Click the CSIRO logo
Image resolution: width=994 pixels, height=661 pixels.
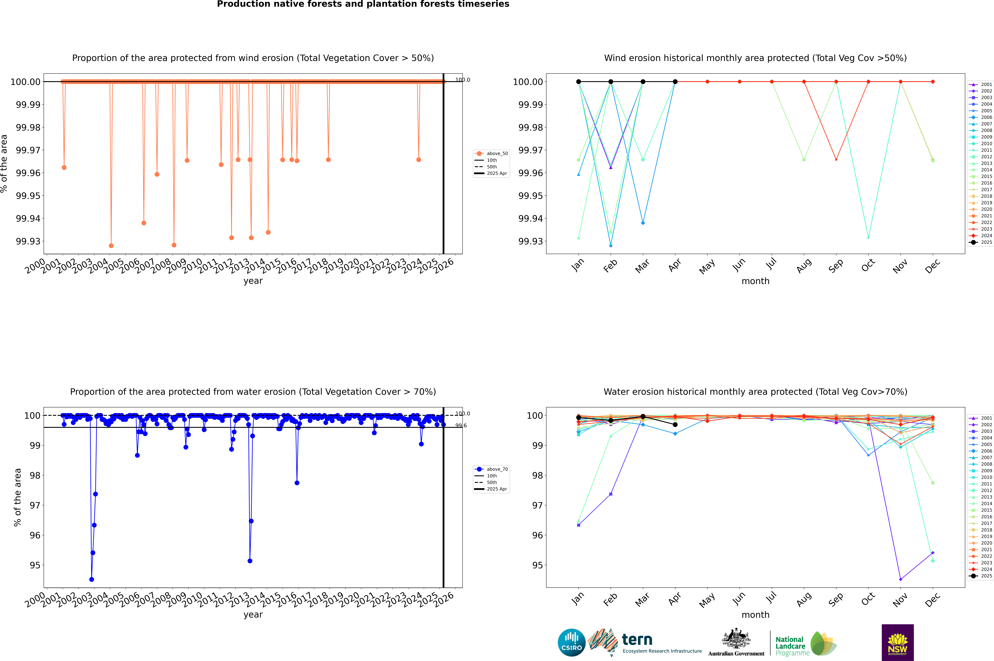coord(571,642)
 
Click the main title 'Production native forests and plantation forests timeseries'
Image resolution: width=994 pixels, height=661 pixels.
coord(363,4)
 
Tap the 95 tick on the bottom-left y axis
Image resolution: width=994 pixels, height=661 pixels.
coord(35,565)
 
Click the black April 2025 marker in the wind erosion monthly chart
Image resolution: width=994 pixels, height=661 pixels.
coord(675,82)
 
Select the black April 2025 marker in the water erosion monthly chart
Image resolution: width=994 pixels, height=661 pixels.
coord(675,425)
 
